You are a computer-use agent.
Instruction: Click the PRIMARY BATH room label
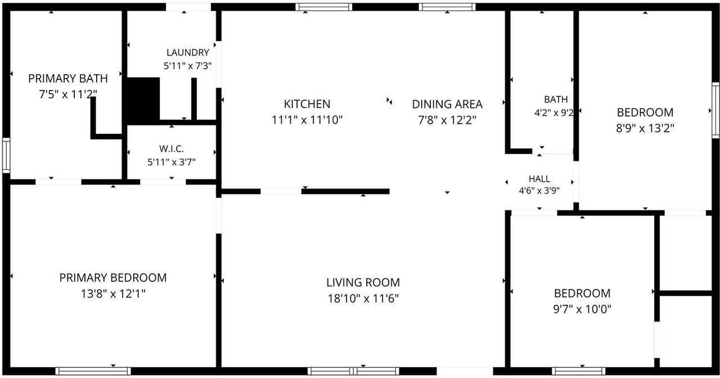pyautogui.click(x=68, y=78)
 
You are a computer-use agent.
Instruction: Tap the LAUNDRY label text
pyautogui.click(x=188, y=52)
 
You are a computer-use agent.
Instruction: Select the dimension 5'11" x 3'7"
pyautogui.click(x=172, y=162)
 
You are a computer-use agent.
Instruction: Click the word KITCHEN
pyautogui.click(x=307, y=104)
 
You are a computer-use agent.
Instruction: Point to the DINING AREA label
pyautogui.click(x=447, y=104)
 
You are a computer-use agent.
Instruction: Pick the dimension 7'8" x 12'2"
pyautogui.click(x=447, y=120)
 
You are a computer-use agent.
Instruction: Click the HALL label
pyautogui.click(x=539, y=179)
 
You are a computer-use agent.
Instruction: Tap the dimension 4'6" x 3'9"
pyautogui.click(x=539, y=191)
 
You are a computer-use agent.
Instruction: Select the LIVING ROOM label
pyautogui.click(x=363, y=282)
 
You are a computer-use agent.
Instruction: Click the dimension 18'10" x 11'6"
pyautogui.click(x=363, y=299)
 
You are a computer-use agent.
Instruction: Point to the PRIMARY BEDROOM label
pyautogui.click(x=113, y=278)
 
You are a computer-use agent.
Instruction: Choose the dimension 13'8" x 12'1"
pyautogui.click(x=113, y=294)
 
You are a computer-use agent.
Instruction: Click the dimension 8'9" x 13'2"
pyautogui.click(x=645, y=129)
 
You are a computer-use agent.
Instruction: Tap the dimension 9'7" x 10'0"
pyautogui.click(x=582, y=309)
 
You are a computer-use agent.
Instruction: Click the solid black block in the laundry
pyautogui.click(x=143, y=100)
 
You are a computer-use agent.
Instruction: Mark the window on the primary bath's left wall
pyautogui.click(x=6, y=155)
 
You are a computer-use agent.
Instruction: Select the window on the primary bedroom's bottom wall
pyautogui.click(x=93, y=371)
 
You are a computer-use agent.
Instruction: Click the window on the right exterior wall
pyautogui.click(x=715, y=110)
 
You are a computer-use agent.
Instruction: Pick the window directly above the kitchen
pyautogui.click(x=323, y=7)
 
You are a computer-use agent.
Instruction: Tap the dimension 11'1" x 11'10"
pyautogui.click(x=307, y=120)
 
